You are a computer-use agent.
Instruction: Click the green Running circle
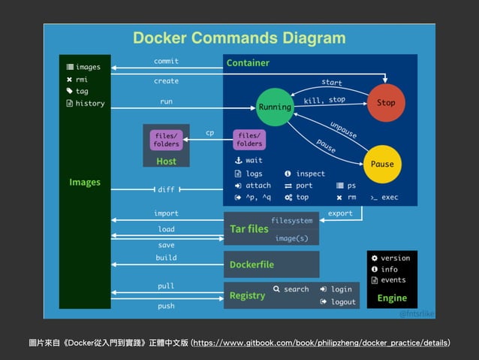pyautogui.click(x=275, y=107)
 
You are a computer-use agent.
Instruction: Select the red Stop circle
pyautogui.click(x=386, y=103)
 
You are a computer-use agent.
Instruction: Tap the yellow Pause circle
pyautogui.click(x=381, y=164)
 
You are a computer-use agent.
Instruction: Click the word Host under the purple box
pyautogui.click(x=166, y=162)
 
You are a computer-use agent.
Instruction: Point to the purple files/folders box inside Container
pyautogui.click(x=250, y=139)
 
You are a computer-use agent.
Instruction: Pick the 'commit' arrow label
pyautogui.click(x=166, y=61)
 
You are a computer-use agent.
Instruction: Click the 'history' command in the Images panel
pyautogui.click(x=90, y=104)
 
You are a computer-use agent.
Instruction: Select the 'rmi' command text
pyautogui.click(x=83, y=79)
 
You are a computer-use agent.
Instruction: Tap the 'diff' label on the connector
pyautogui.click(x=166, y=189)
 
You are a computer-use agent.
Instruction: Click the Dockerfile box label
pyautogui.click(x=252, y=265)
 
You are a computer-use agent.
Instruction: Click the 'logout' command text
pyautogui.click(x=342, y=301)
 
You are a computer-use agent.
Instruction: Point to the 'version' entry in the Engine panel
pyautogui.click(x=395, y=258)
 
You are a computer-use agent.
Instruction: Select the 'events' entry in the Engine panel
pyautogui.click(x=393, y=280)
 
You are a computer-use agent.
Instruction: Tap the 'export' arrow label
pyautogui.click(x=340, y=213)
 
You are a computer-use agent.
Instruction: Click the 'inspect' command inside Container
pyautogui.click(x=310, y=173)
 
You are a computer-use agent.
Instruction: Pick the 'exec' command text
pyautogui.click(x=388, y=197)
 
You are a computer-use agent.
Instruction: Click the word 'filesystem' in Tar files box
pyautogui.click(x=292, y=221)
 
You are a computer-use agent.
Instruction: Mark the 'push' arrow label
pyautogui.click(x=166, y=306)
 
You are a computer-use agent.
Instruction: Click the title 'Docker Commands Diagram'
pyautogui.click(x=239, y=38)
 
